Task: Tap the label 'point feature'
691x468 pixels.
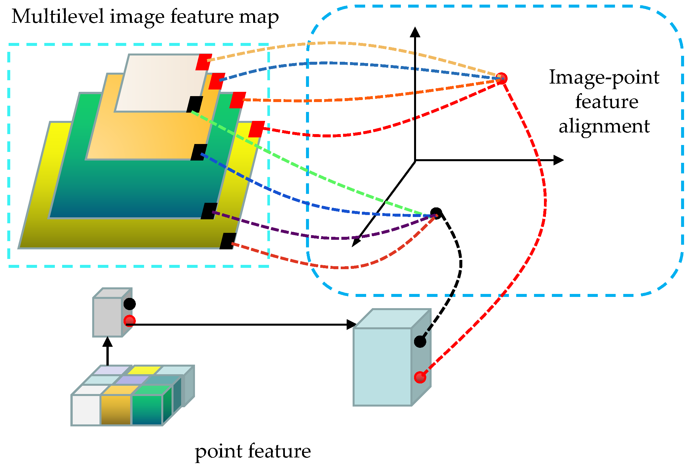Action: tap(253, 451)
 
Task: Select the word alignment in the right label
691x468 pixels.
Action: tap(604, 126)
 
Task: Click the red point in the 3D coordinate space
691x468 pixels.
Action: tap(502, 78)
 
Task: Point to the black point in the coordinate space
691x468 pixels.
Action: tap(436, 213)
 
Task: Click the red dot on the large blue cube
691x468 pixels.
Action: tap(420, 377)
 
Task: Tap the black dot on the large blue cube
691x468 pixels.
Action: tap(420, 342)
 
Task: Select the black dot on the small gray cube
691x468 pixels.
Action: tap(130, 304)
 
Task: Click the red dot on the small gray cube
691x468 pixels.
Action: tap(130, 321)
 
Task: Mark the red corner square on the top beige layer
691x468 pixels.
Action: tap(204, 62)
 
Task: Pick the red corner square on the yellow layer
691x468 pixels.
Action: tap(256, 129)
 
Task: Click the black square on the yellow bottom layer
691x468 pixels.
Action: tap(228, 241)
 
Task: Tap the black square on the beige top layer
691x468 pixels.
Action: tap(195, 104)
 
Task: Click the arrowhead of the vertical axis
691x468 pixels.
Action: tap(415, 32)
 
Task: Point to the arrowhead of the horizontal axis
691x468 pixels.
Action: tap(558, 160)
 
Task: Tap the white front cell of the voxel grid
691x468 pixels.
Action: tap(86, 410)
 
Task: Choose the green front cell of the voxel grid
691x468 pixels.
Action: tap(147, 410)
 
